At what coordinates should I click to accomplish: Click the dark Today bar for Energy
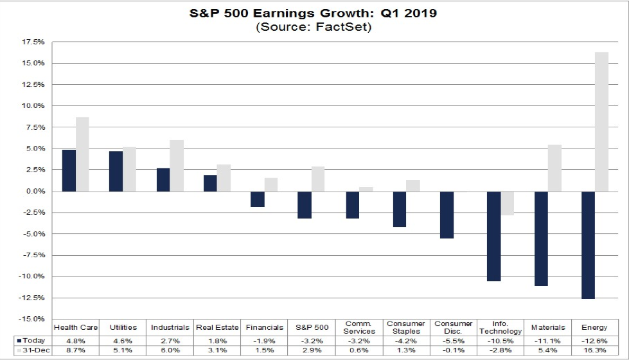pyautogui.click(x=588, y=245)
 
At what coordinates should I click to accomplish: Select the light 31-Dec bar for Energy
pyautogui.click(x=601, y=122)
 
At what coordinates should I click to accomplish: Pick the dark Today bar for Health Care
pyautogui.click(x=69, y=170)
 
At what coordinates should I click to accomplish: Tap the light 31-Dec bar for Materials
pyautogui.click(x=554, y=168)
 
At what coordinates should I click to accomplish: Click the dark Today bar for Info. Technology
pyautogui.click(x=493, y=236)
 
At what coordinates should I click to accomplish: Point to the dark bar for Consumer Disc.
pyautogui.click(x=447, y=215)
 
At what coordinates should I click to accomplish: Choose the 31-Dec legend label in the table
pyautogui.click(x=33, y=350)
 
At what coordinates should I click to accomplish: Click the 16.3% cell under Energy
pyautogui.click(x=594, y=350)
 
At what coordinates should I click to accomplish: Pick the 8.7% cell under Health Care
pyautogui.click(x=75, y=350)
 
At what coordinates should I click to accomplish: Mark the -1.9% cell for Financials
pyautogui.click(x=265, y=339)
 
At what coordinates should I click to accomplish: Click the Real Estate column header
pyautogui.click(x=217, y=327)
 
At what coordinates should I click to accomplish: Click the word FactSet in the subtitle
pyautogui.click(x=350, y=27)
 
